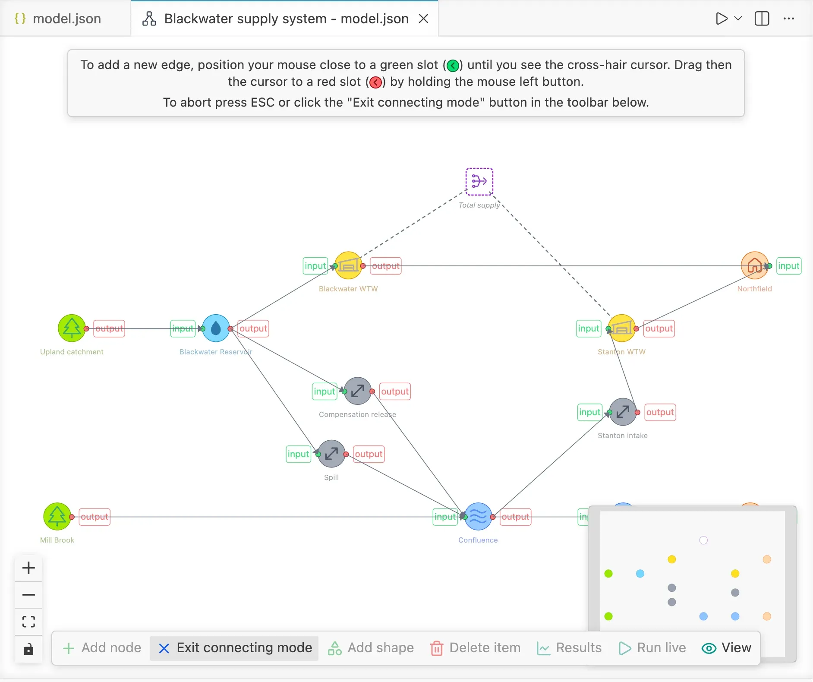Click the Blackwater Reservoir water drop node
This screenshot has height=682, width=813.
point(216,328)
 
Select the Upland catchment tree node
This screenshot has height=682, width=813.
point(72,328)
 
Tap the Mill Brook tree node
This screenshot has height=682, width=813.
point(57,517)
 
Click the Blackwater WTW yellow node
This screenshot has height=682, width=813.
point(348,265)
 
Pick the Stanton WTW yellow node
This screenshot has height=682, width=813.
point(621,328)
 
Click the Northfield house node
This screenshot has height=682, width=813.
point(754,265)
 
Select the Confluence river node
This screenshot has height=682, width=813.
point(478,517)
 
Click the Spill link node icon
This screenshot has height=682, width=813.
point(331,454)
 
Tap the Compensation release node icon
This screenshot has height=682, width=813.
point(357,391)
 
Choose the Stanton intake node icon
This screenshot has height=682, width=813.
point(623,412)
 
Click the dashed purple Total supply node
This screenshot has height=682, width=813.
point(479,181)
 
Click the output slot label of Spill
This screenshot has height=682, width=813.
point(369,454)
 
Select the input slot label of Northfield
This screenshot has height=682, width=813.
point(789,266)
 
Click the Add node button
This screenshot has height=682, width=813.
point(102,648)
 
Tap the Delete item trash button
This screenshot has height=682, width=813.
point(476,648)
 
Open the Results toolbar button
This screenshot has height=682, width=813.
point(569,648)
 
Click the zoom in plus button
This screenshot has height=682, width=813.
point(28,568)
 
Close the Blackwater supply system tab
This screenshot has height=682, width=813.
point(424,19)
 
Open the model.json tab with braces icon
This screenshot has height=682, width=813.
point(58,19)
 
